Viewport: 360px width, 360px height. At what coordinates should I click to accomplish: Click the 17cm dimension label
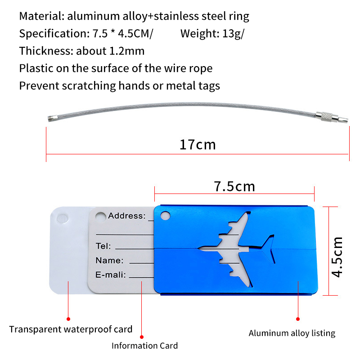tap(198, 144)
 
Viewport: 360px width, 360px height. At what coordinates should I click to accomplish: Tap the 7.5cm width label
tap(234, 186)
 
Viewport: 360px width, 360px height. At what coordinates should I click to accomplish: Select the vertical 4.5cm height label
tap(337, 257)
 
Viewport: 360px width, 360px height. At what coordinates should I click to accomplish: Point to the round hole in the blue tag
tap(165, 216)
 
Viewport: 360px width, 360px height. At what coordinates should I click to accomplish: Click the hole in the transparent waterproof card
tap(62, 218)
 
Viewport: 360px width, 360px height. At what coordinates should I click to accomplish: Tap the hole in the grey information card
tap(100, 217)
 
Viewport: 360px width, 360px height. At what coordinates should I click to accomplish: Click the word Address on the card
tap(126, 216)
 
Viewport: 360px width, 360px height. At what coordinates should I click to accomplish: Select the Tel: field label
tap(103, 246)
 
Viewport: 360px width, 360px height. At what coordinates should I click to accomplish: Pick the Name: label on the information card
tap(109, 261)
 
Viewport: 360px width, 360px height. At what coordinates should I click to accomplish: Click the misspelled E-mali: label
tap(110, 274)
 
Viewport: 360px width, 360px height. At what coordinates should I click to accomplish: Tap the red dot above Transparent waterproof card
tap(68, 319)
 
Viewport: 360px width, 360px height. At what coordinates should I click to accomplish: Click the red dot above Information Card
tap(142, 337)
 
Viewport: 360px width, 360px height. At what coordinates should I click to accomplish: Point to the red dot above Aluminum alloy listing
tap(298, 319)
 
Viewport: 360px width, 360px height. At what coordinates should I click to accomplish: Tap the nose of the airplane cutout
tap(199, 248)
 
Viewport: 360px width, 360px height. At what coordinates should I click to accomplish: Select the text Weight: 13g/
tap(212, 33)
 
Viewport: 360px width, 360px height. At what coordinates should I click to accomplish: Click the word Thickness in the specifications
tap(46, 51)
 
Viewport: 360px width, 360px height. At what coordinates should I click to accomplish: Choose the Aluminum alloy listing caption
tap(292, 333)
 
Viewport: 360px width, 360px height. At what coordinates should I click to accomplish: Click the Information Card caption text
tap(144, 346)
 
